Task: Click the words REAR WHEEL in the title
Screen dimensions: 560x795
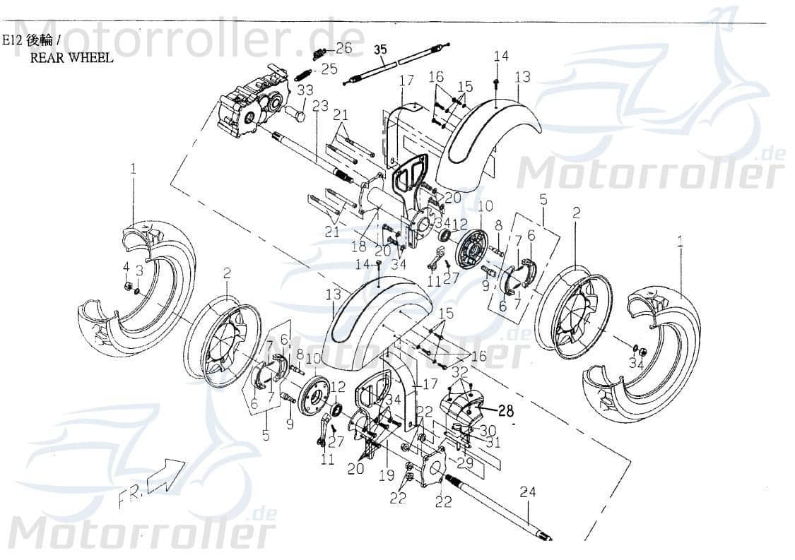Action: pyautogui.click(x=71, y=58)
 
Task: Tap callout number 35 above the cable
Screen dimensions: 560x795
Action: pyautogui.click(x=380, y=49)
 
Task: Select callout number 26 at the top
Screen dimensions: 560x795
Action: pyautogui.click(x=343, y=48)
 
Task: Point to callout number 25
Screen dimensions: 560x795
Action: pyautogui.click(x=329, y=68)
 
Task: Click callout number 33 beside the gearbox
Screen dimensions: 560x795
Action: pyautogui.click(x=305, y=90)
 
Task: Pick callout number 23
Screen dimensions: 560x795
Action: pyautogui.click(x=320, y=106)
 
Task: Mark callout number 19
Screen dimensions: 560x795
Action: pyautogui.click(x=387, y=477)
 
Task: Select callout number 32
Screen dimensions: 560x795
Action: pyautogui.click(x=459, y=371)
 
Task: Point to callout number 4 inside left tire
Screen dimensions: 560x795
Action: pyautogui.click(x=126, y=267)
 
